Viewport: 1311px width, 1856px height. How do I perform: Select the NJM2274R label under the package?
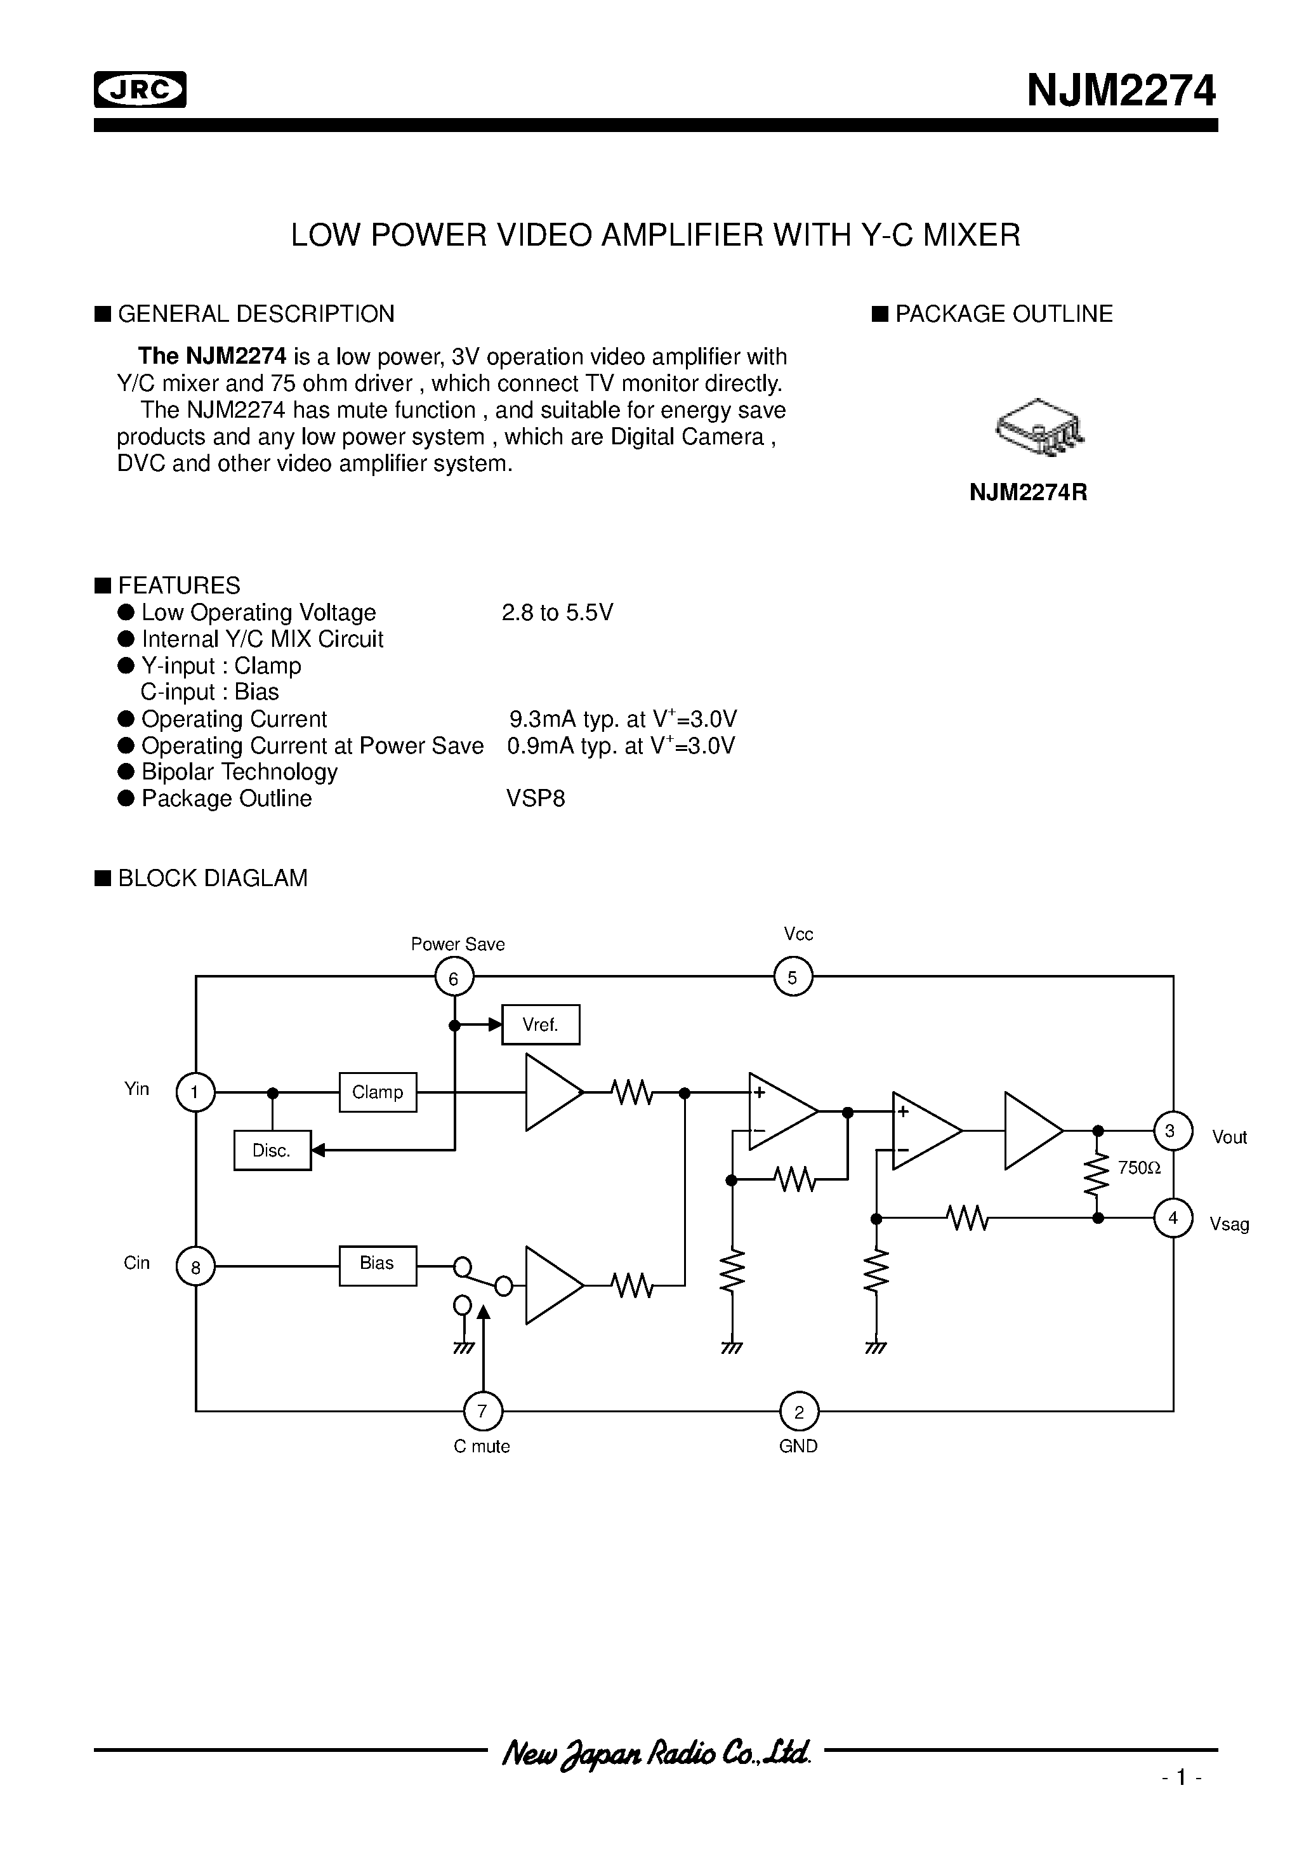(x=1028, y=493)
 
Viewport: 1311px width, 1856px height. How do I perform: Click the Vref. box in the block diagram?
(x=540, y=1025)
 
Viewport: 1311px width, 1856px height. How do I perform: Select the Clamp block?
(x=378, y=1092)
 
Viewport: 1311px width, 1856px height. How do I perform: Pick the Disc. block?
(x=272, y=1150)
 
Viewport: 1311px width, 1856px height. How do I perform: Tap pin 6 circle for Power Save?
(x=454, y=978)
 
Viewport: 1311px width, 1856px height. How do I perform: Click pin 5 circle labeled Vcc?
(x=793, y=978)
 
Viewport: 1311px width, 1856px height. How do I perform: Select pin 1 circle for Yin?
(x=195, y=1093)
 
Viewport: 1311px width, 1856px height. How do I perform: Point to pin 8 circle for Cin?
(x=195, y=1267)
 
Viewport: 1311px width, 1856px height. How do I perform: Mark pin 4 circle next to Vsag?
(x=1173, y=1217)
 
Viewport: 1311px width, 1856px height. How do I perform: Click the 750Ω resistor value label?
(x=1139, y=1167)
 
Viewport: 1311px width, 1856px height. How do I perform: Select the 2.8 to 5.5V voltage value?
(x=557, y=613)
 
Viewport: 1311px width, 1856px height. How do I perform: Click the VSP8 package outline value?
(x=535, y=799)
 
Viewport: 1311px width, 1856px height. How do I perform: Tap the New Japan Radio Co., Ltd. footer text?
(x=655, y=1753)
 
